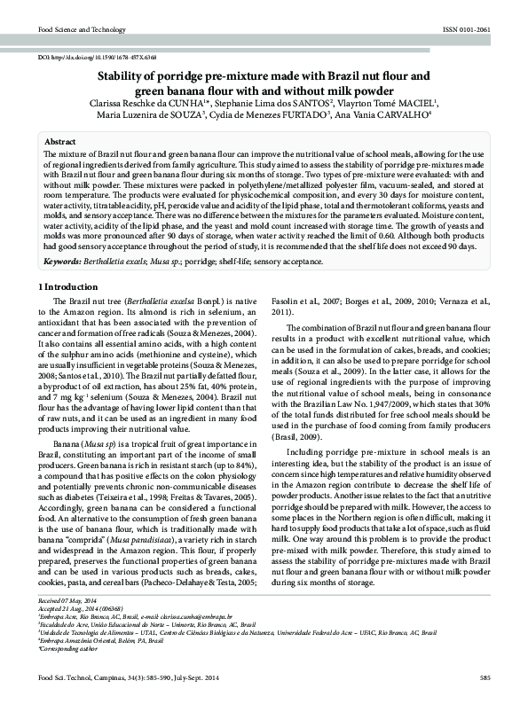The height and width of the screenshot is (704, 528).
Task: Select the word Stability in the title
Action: coord(122,77)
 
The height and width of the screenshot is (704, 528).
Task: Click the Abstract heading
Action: coord(59,142)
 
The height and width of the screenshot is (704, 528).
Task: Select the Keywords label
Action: coord(63,262)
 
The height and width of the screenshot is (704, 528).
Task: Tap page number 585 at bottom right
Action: coord(485,677)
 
